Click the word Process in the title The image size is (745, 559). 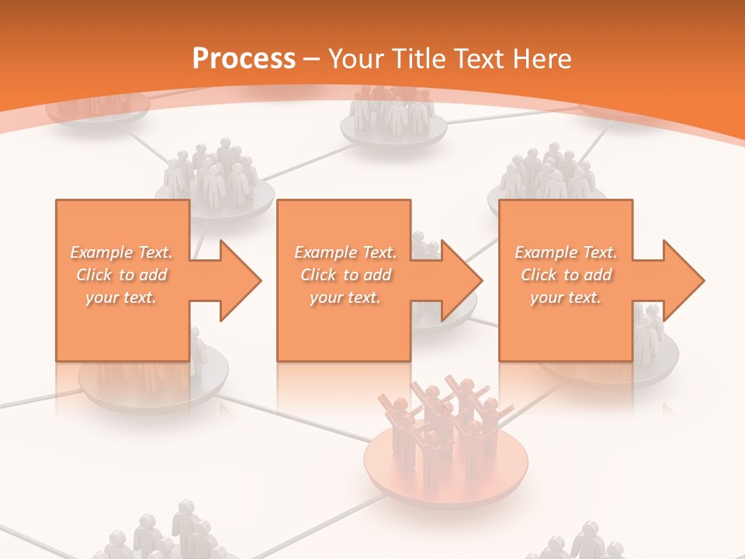pos(244,59)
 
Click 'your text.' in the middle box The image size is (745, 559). pos(345,297)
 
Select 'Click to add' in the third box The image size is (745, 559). pos(566,275)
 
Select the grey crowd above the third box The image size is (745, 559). pos(547,175)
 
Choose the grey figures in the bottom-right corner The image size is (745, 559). pos(578,543)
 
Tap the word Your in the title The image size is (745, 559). pos(355,59)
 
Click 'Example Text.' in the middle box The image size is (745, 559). pos(345,252)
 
